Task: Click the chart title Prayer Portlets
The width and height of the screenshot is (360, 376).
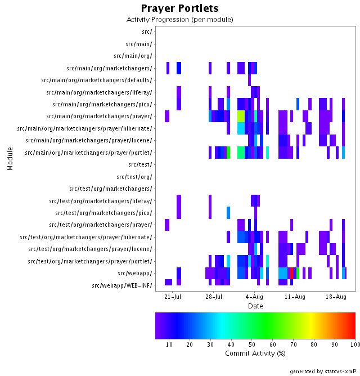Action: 179,8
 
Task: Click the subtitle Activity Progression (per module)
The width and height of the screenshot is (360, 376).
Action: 179,20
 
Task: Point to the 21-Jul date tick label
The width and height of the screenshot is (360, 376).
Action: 173,297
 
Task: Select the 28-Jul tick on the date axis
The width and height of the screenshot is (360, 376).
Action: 214,297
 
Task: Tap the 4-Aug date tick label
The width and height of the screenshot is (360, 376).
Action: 254,297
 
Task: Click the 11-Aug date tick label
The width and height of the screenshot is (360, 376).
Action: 295,297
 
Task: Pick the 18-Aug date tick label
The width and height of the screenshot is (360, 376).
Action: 336,297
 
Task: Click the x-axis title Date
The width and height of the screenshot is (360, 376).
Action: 255,306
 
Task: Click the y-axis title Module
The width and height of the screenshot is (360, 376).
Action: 10,159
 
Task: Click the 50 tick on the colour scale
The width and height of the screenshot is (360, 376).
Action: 252,344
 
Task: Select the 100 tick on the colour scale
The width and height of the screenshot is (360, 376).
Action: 354,344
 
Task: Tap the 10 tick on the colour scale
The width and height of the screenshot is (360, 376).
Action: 169,344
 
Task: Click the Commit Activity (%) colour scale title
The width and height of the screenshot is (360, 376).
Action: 255,353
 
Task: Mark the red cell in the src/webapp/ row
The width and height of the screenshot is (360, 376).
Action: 291,273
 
